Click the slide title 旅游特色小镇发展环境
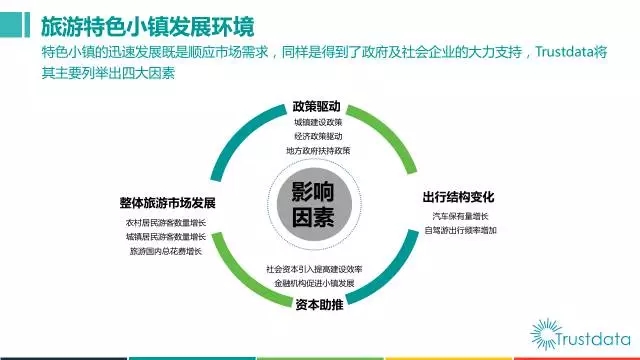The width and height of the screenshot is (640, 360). (x=148, y=27)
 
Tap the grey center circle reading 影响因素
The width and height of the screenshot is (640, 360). (x=314, y=204)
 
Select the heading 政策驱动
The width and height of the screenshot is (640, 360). (x=316, y=107)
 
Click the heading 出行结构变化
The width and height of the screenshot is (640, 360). (x=458, y=197)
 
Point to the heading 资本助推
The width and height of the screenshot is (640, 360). (x=319, y=304)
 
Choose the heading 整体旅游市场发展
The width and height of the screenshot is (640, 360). (x=167, y=203)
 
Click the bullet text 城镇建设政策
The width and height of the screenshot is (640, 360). (x=318, y=122)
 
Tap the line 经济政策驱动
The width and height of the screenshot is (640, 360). (x=318, y=136)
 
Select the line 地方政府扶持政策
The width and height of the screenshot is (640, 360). (x=318, y=151)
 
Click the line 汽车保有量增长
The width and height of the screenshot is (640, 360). (x=460, y=216)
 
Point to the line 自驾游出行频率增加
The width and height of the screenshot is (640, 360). (x=460, y=230)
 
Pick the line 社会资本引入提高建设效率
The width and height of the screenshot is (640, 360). (x=314, y=269)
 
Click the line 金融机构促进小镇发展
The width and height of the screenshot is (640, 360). (x=314, y=283)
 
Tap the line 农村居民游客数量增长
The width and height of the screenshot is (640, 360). (x=166, y=223)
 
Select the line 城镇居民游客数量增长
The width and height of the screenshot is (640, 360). (x=166, y=237)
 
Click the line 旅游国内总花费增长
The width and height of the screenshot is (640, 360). (x=166, y=251)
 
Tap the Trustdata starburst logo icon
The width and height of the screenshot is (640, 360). (x=546, y=334)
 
